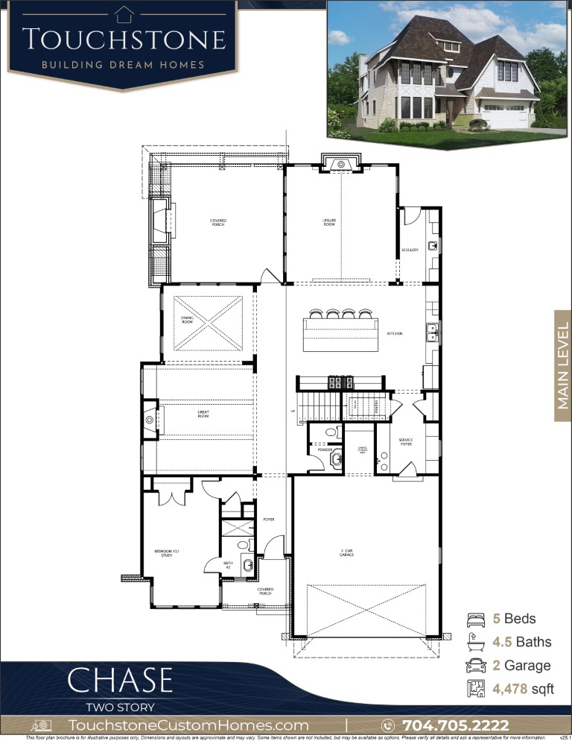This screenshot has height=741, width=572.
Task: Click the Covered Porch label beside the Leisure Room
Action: coord(217,222)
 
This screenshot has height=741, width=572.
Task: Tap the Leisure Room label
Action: coord(329,222)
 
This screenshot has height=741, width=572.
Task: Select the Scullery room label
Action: coord(410,250)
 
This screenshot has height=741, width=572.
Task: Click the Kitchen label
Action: coord(394,333)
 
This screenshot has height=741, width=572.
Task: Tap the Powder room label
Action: coord(325,450)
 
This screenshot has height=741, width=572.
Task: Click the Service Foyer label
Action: coord(405,441)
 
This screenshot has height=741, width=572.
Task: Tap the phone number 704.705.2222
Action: coord(455,725)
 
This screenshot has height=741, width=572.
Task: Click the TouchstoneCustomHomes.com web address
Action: coord(188,725)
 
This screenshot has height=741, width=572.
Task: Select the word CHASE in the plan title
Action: coord(120,681)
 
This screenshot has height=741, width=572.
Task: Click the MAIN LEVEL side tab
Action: coord(562,365)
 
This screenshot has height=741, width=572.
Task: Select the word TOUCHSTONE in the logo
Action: coord(123,39)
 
